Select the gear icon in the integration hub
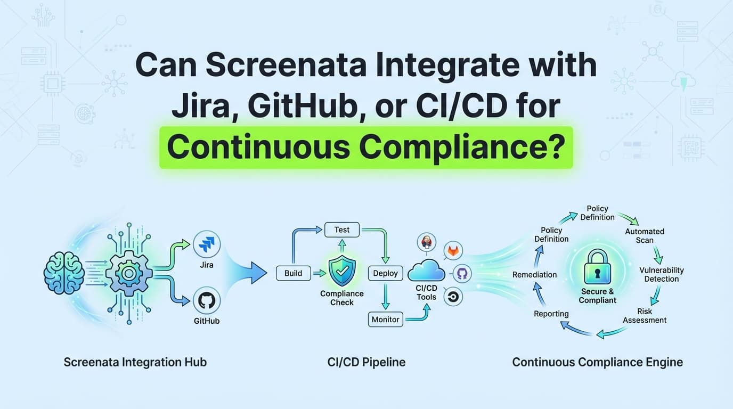128,274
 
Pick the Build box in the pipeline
293,273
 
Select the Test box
342,230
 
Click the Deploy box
385,273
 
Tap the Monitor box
385,320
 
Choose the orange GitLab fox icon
453,250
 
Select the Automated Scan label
645,235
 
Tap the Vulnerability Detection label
661,274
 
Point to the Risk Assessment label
645,315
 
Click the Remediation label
534,274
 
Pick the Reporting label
551,314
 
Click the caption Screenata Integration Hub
135,362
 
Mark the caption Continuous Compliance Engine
597,362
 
